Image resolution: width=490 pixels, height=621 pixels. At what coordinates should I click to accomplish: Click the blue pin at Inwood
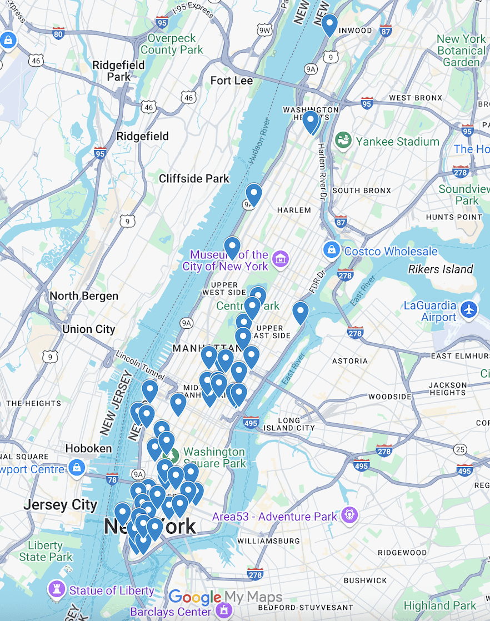tap(329, 24)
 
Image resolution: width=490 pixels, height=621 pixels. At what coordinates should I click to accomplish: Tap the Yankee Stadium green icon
tap(344, 142)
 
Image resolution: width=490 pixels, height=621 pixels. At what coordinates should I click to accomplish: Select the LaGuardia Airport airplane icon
tap(469, 310)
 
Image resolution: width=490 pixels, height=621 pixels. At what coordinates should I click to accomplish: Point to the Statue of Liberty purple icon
tap(56, 590)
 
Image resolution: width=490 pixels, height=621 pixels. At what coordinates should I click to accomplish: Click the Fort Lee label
tap(232, 81)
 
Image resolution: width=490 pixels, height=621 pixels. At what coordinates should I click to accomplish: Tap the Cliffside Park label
tap(194, 179)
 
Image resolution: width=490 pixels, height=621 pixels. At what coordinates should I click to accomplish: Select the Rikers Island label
tap(441, 269)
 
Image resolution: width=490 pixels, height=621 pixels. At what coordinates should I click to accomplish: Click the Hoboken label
tap(88, 448)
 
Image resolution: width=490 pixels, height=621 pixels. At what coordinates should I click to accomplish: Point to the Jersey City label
tap(60, 505)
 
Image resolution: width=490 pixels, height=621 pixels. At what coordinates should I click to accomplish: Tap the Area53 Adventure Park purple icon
tap(349, 515)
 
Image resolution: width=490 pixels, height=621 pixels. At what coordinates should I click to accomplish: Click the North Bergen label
tap(84, 296)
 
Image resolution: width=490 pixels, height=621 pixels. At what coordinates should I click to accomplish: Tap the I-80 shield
tap(58, 34)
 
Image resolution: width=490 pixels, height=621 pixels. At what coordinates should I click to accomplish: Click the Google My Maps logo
tap(225, 598)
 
